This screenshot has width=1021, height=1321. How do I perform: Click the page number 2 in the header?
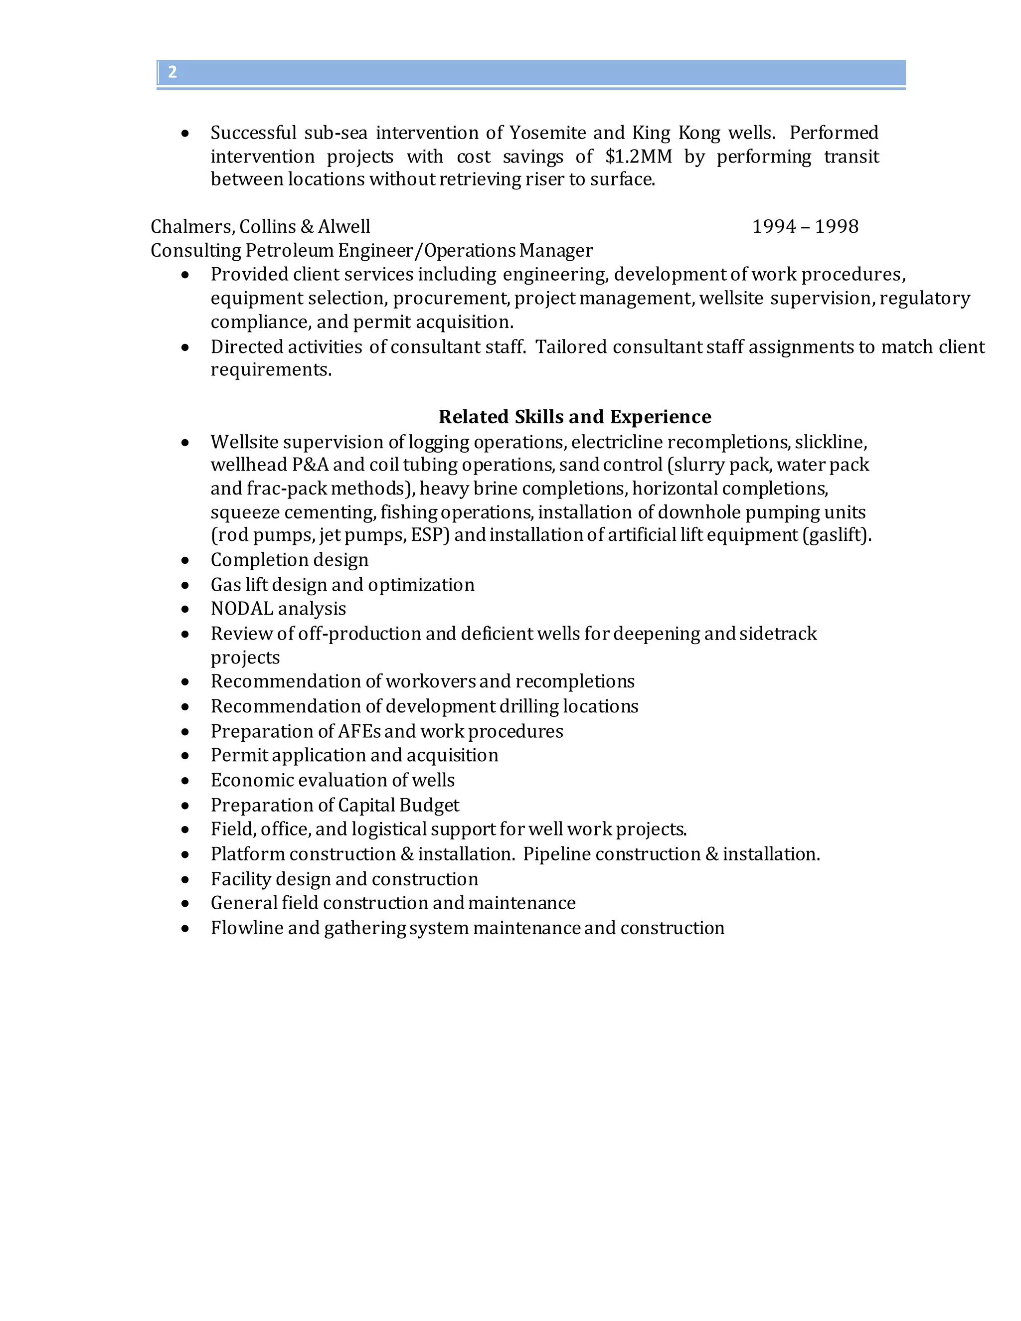[172, 73]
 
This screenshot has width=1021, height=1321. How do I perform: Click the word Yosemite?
[547, 133]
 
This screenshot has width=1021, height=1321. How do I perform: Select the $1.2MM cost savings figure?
[638, 157]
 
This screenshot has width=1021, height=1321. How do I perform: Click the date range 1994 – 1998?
[805, 227]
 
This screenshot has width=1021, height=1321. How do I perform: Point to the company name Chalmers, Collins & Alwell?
[260, 227]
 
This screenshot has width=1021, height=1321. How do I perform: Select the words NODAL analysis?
[278, 609]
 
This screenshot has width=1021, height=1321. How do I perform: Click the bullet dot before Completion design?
[185, 561]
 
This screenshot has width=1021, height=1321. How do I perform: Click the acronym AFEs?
[359, 731]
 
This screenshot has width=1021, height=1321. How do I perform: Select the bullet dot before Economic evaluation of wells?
[185, 781]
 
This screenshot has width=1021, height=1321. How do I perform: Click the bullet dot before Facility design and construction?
[185, 880]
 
